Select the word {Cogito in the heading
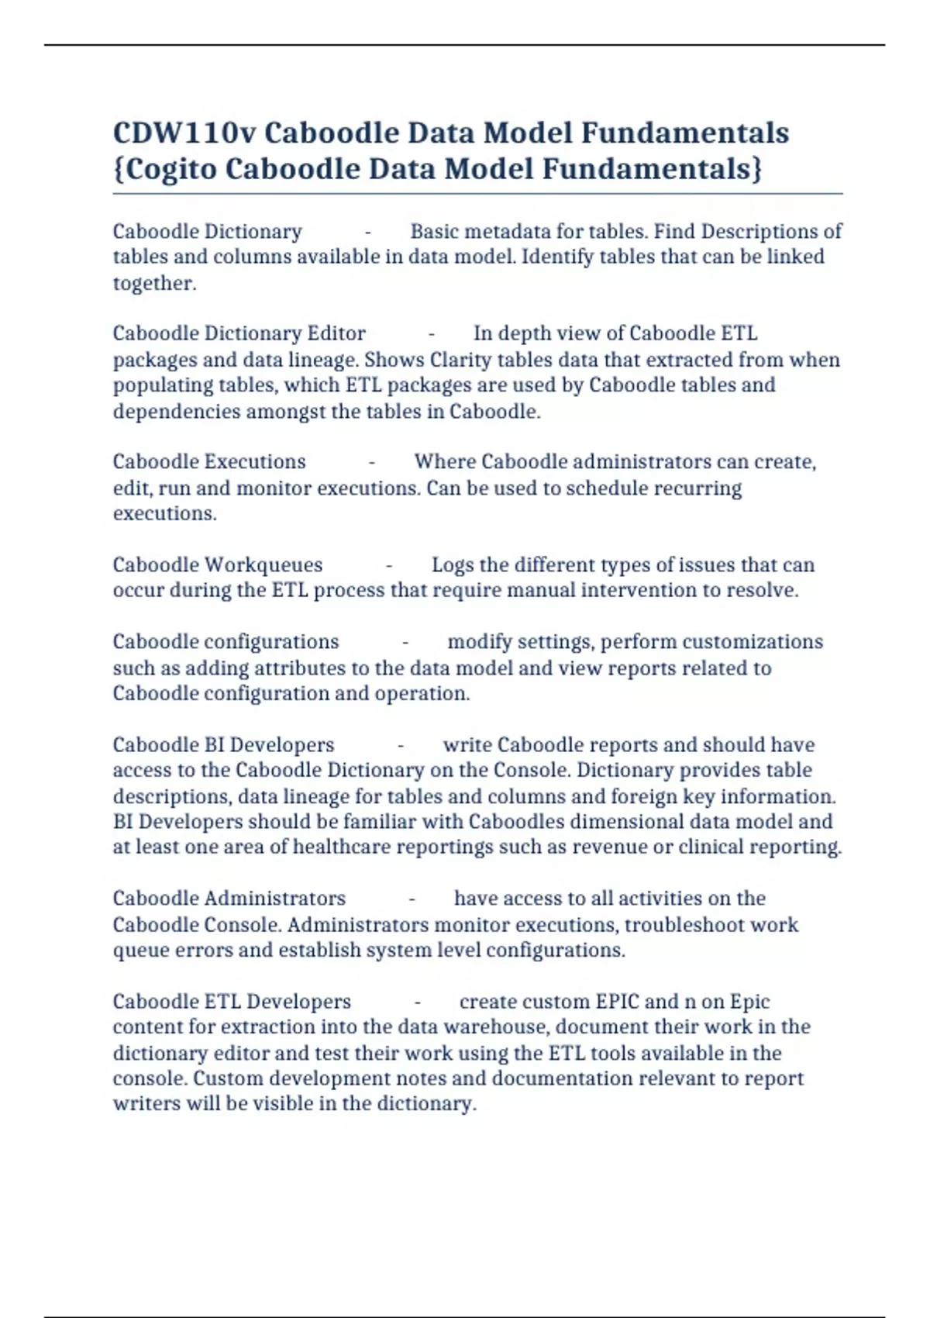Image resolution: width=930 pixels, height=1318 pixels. (165, 168)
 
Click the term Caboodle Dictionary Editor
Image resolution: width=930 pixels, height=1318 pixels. (239, 333)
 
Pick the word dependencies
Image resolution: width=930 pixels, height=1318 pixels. (177, 411)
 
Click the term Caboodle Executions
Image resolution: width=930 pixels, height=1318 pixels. (209, 461)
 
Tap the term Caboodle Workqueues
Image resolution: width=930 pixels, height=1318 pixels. (218, 564)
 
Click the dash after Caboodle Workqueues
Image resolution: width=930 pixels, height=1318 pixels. (389, 565)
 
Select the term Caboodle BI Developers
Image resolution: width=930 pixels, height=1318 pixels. (223, 744)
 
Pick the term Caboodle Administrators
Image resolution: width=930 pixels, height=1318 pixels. (229, 898)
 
